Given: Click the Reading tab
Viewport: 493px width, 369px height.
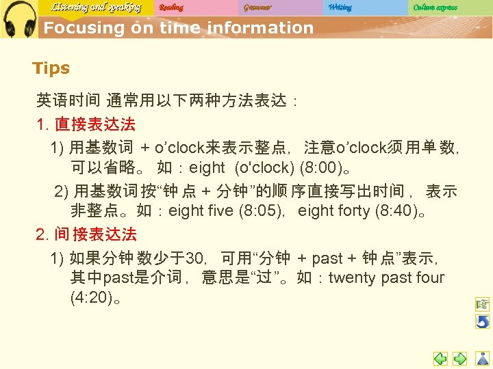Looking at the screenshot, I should click(x=171, y=8).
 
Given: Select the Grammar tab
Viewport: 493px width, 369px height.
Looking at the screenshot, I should click(x=257, y=8).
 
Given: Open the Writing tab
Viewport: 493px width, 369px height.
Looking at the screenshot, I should click(x=340, y=8).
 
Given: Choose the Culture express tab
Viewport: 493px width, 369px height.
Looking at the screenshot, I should click(x=435, y=8).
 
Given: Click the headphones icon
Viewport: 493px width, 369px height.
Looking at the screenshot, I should click(x=19, y=19).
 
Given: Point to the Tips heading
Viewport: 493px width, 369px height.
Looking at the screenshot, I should click(x=51, y=68).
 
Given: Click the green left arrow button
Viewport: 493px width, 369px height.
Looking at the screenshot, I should click(x=440, y=358).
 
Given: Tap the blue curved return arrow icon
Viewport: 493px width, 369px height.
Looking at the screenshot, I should click(x=483, y=321).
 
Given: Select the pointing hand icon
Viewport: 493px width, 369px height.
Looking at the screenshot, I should click(x=483, y=304).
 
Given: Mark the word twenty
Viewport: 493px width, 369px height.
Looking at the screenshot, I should click(x=352, y=277).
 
